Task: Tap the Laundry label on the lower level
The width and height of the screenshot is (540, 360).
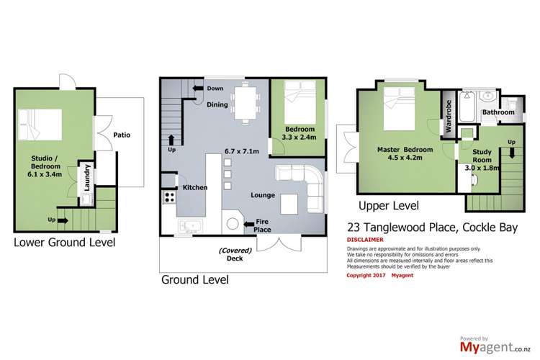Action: click(86, 175)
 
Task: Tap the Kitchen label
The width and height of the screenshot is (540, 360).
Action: click(195, 187)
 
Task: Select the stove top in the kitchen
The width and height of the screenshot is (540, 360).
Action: click(170, 196)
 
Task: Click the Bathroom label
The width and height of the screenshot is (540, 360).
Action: click(498, 113)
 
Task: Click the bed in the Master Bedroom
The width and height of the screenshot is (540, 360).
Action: click(399, 109)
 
